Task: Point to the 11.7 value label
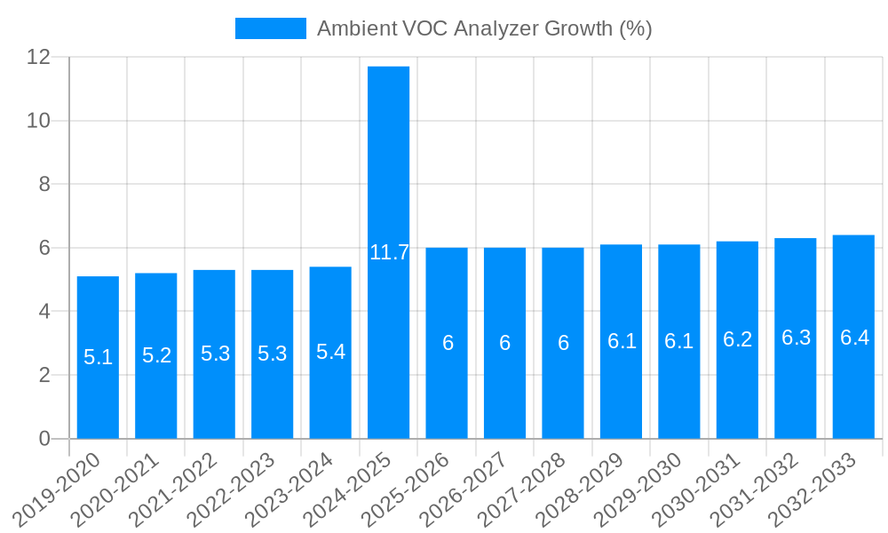coord(389,252)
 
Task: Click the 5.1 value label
coord(98,357)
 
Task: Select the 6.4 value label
coord(854,338)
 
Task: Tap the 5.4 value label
coord(330,352)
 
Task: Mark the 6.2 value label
coord(738,339)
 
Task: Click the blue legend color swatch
coord(270,28)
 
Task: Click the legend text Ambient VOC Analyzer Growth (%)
coord(484,28)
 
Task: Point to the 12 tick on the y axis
coord(38,57)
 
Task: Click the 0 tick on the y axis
coord(44,439)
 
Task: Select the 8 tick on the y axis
coord(44,184)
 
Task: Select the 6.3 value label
coord(796,338)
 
